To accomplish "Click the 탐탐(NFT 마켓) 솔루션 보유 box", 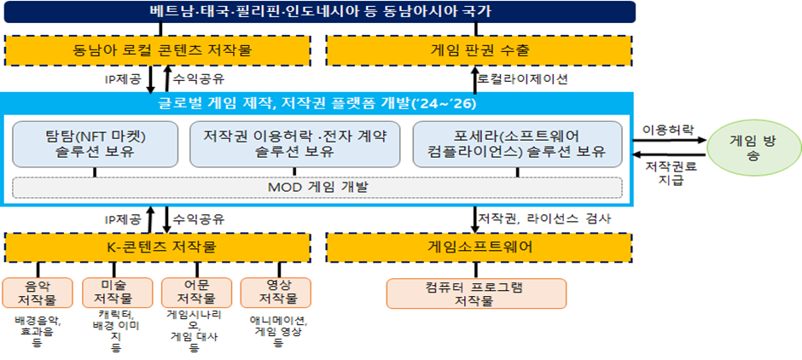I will click(x=95, y=143).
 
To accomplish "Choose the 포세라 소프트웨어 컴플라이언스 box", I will click(x=518, y=143).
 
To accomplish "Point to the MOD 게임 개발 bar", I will click(x=317, y=187).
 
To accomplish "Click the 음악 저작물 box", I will click(x=38, y=293).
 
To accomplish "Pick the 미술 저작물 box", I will click(x=116, y=293).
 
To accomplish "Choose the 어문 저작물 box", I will click(x=196, y=293).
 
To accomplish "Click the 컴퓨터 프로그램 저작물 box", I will click(x=477, y=293).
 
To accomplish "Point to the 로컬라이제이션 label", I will click(x=523, y=78).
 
